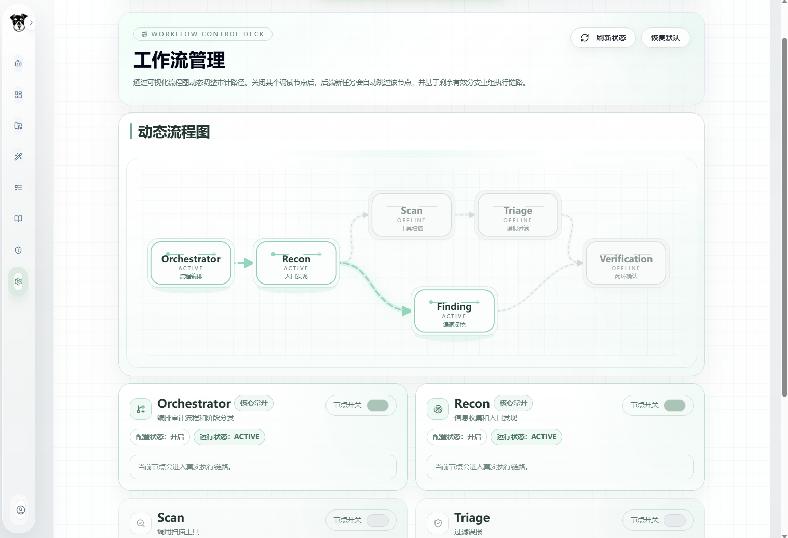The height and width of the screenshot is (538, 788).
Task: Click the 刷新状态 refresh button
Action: (x=603, y=38)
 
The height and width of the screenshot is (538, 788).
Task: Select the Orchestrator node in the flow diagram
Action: (x=191, y=263)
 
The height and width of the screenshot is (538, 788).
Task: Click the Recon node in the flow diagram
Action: (x=296, y=263)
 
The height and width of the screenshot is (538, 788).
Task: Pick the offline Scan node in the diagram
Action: (x=412, y=215)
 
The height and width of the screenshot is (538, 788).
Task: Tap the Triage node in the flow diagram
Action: (x=518, y=215)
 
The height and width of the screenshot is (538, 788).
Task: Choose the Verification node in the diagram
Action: (x=626, y=263)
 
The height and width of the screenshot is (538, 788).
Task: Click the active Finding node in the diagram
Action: (x=454, y=311)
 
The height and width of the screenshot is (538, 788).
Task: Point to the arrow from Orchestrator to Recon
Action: (x=243, y=263)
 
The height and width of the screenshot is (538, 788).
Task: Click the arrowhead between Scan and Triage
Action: (x=472, y=214)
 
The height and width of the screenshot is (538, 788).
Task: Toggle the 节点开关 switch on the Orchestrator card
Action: (x=377, y=406)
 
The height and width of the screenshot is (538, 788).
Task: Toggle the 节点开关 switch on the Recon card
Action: (x=674, y=406)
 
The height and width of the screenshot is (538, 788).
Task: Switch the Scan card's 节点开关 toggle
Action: (x=377, y=520)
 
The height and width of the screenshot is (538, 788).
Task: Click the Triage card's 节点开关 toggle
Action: (x=674, y=520)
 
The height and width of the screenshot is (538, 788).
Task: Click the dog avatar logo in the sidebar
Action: (x=18, y=22)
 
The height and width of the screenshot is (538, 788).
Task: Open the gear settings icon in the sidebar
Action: (x=18, y=281)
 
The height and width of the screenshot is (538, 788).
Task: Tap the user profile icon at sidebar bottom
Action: (x=21, y=510)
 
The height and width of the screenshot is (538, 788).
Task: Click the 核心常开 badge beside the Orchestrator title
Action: (x=254, y=403)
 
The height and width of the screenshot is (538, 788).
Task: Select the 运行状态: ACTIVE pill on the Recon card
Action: (x=526, y=437)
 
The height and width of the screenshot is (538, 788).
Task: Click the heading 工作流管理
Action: (x=179, y=60)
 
